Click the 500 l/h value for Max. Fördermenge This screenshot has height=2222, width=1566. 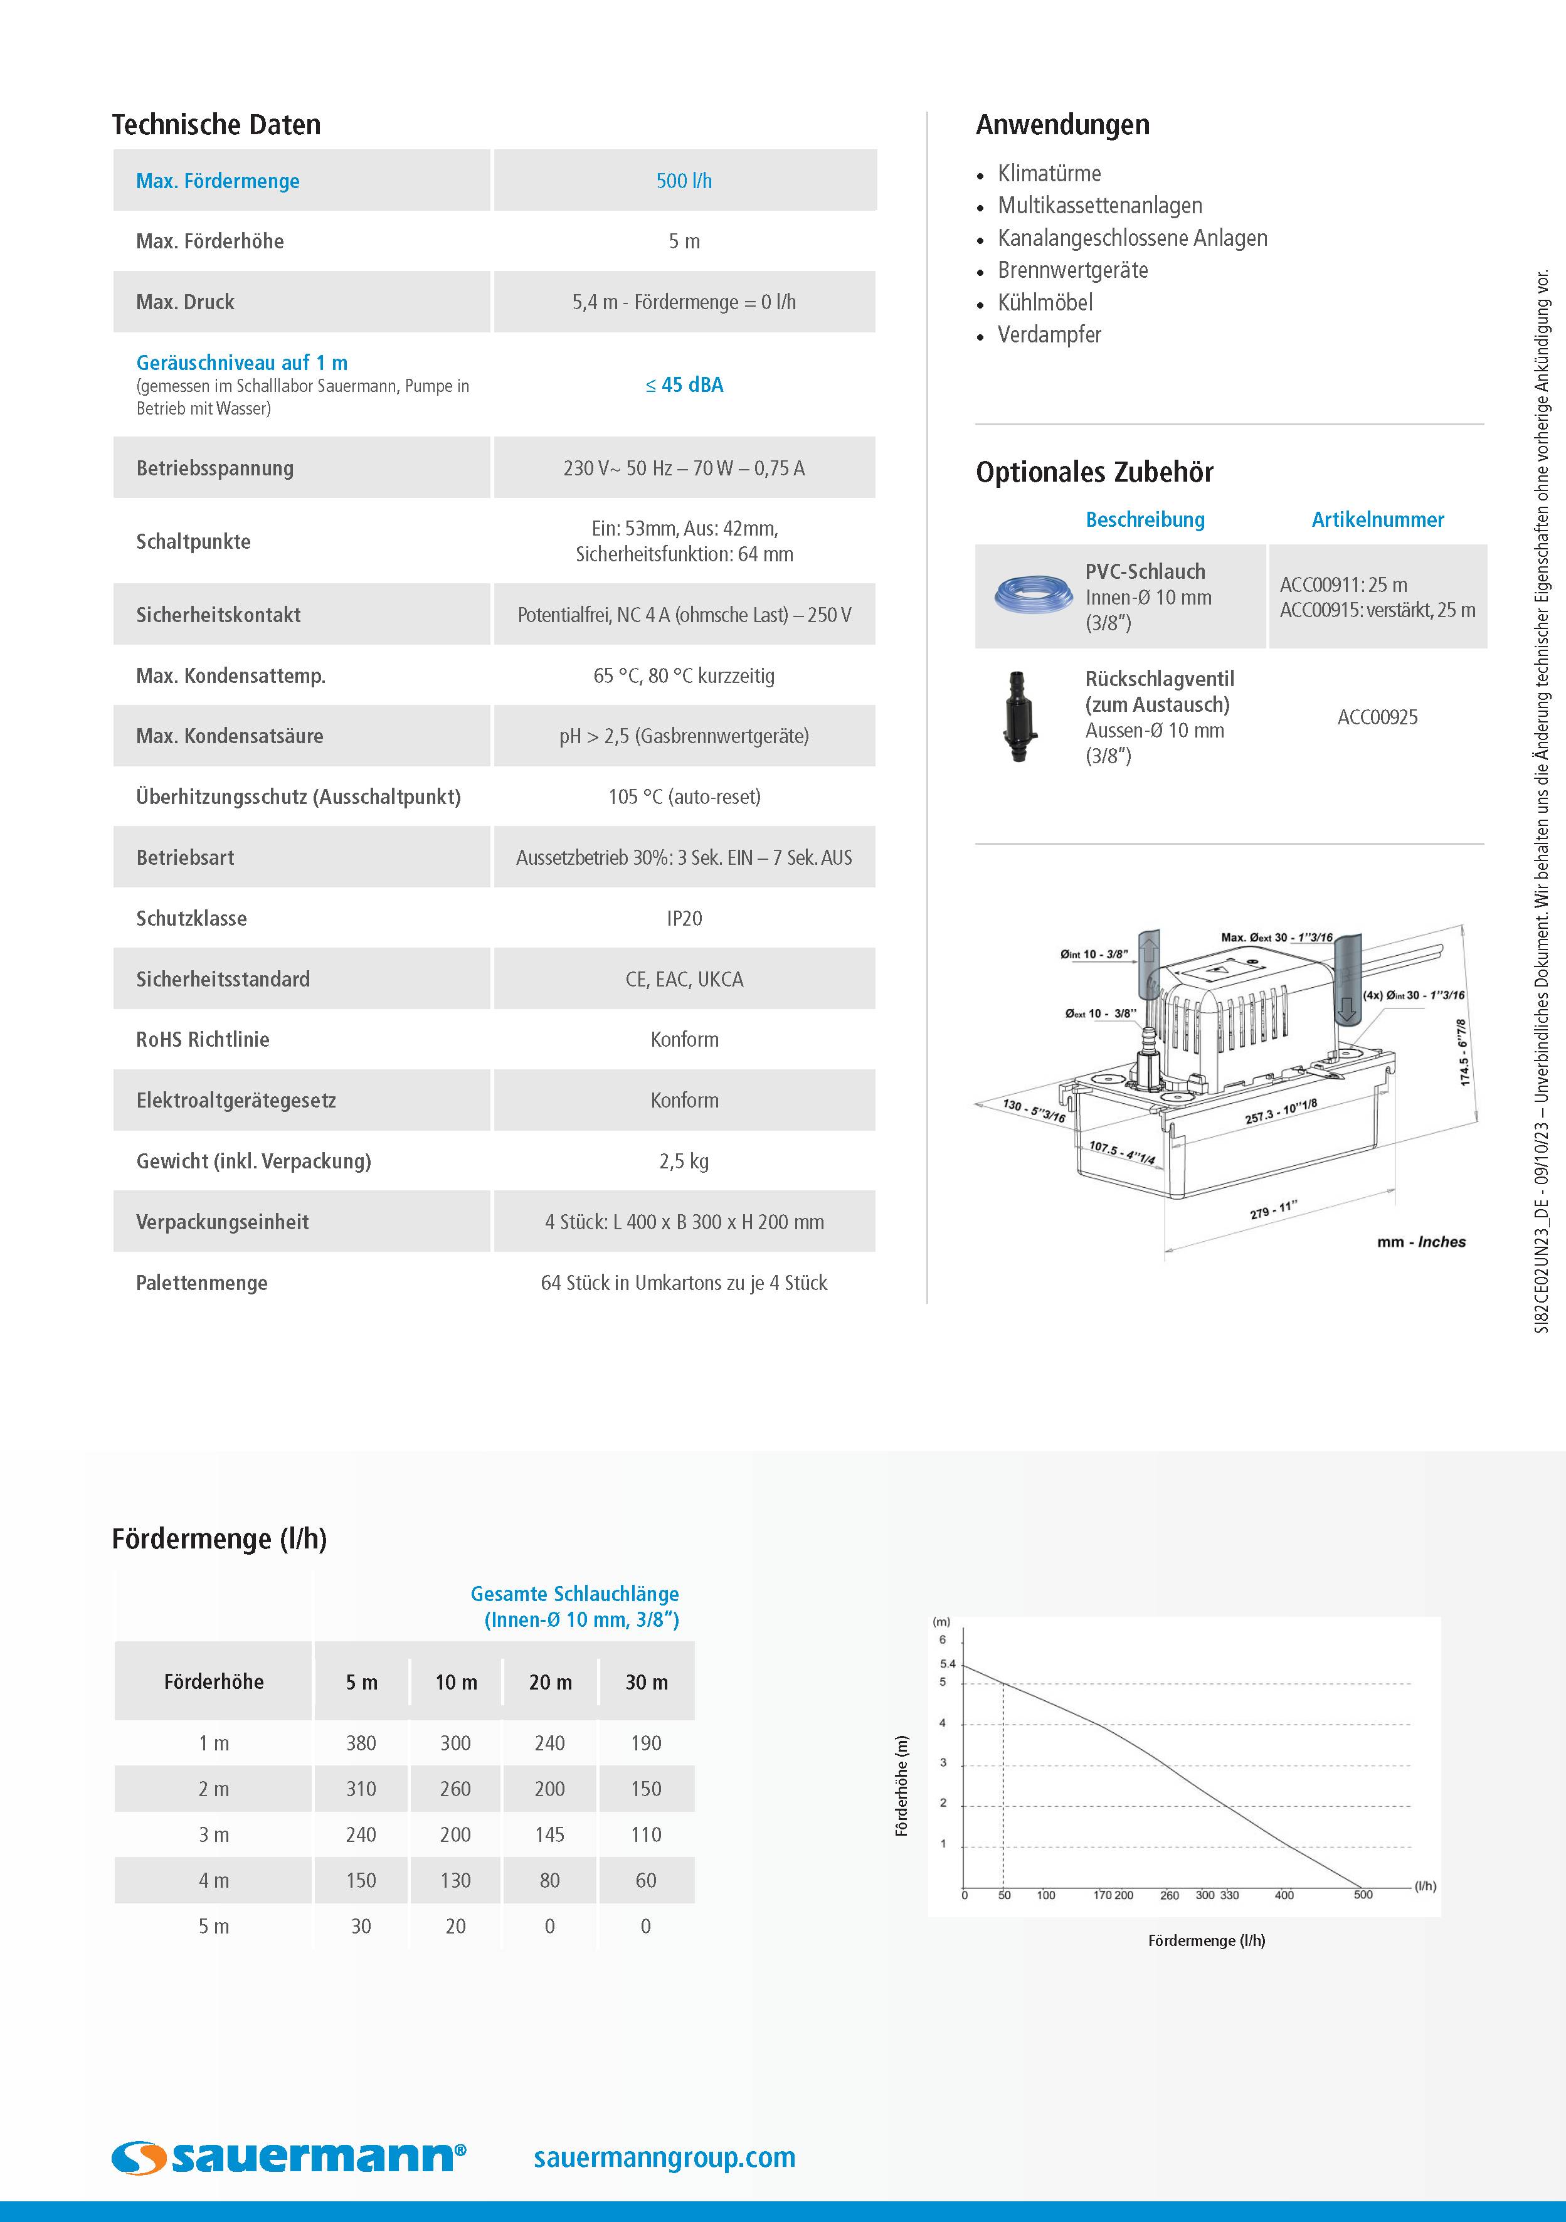[684, 181]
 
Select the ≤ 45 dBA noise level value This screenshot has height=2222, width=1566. [684, 385]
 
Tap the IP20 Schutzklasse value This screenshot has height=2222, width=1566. [684, 918]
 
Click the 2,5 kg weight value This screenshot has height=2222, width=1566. [684, 1161]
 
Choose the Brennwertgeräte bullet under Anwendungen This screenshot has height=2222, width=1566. [1072, 270]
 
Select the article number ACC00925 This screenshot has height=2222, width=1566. [1377, 717]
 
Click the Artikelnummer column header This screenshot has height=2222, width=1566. [1377, 520]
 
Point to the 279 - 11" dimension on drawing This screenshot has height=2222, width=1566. [1272, 1210]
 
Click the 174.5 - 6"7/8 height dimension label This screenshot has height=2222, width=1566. [1463, 1052]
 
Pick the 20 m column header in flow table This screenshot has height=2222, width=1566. [550, 1682]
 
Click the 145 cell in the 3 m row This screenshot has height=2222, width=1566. [550, 1835]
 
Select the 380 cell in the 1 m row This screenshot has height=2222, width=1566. [361, 1743]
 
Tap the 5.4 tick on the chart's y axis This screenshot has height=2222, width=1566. [948, 1664]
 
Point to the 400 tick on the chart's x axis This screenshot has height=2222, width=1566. [1283, 1895]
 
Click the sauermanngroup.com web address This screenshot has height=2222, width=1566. [664, 2157]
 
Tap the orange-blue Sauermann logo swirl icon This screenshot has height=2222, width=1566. [140, 2157]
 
